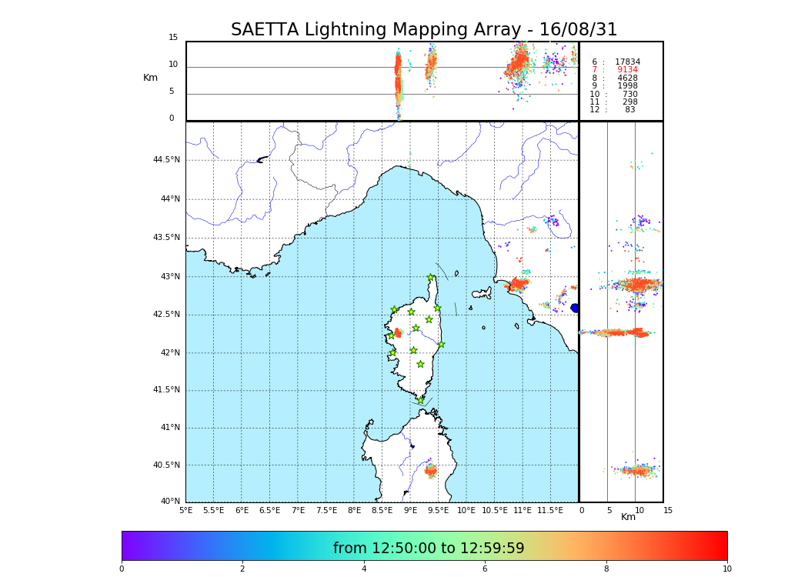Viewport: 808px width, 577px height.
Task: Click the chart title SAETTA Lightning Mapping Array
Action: pos(424,30)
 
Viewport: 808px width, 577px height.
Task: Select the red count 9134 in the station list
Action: pos(627,70)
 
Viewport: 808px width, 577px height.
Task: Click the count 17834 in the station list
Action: pos(627,62)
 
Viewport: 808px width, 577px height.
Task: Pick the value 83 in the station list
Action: pos(629,110)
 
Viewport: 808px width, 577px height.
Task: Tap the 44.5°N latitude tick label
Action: pos(166,160)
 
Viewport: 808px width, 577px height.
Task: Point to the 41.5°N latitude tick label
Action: pos(166,390)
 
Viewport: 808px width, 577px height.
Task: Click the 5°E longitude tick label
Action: pos(186,510)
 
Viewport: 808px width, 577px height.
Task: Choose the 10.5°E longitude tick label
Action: pos(495,510)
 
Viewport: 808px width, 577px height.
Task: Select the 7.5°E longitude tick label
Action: pos(326,510)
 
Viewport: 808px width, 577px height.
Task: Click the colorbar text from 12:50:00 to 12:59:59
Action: pos(429,549)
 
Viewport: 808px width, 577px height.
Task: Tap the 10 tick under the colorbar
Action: pos(726,569)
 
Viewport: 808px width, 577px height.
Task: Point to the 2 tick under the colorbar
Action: pos(242,569)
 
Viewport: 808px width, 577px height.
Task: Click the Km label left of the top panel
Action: pos(151,78)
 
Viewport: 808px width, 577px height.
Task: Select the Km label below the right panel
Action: pos(629,517)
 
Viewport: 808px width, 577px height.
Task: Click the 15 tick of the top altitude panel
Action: pos(173,38)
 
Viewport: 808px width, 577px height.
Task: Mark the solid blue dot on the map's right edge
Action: pos(575,308)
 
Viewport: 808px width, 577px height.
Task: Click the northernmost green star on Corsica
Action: pos(431,278)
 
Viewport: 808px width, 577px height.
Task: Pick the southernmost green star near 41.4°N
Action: pos(420,400)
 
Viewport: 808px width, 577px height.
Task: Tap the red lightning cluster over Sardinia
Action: pos(430,471)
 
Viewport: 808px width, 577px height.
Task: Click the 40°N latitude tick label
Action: pos(171,502)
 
